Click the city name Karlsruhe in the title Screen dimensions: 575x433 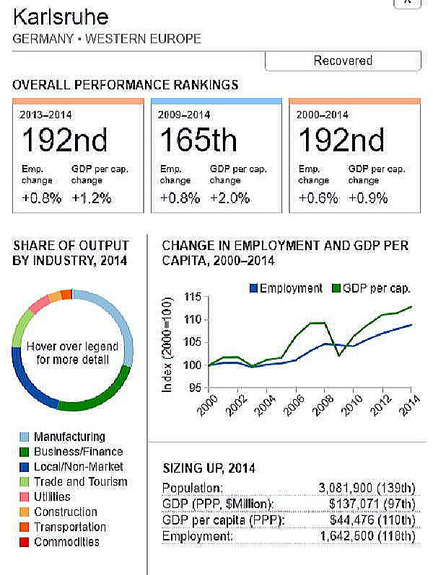tap(61, 16)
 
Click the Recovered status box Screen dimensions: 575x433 tap(343, 61)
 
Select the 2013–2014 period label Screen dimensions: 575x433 tap(45, 114)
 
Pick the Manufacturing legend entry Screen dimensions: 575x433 tap(69, 437)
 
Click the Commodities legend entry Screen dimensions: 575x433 tap(66, 542)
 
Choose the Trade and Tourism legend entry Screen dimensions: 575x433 tap(80, 481)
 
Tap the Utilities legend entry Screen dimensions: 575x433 tap(52, 496)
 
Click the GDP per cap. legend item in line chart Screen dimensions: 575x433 tap(375, 288)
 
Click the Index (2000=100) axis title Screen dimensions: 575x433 tap(167, 344)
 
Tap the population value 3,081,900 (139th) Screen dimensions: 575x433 tap(367, 488)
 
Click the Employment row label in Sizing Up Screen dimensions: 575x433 tap(198, 536)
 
